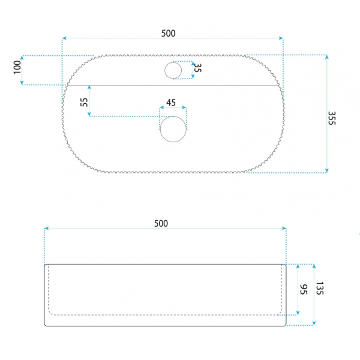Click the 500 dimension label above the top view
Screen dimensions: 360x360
[x=168, y=34]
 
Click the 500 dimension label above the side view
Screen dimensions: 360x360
[x=161, y=224]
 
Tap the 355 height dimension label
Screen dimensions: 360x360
[x=332, y=118]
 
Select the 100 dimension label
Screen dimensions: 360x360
[x=17, y=67]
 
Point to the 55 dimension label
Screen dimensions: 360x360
[x=84, y=102]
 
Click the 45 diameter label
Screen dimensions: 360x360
[x=171, y=103]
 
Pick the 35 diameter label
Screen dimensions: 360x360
[x=197, y=68]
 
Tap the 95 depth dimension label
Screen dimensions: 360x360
[x=304, y=289]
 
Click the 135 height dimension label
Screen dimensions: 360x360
[x=320, y=288]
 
